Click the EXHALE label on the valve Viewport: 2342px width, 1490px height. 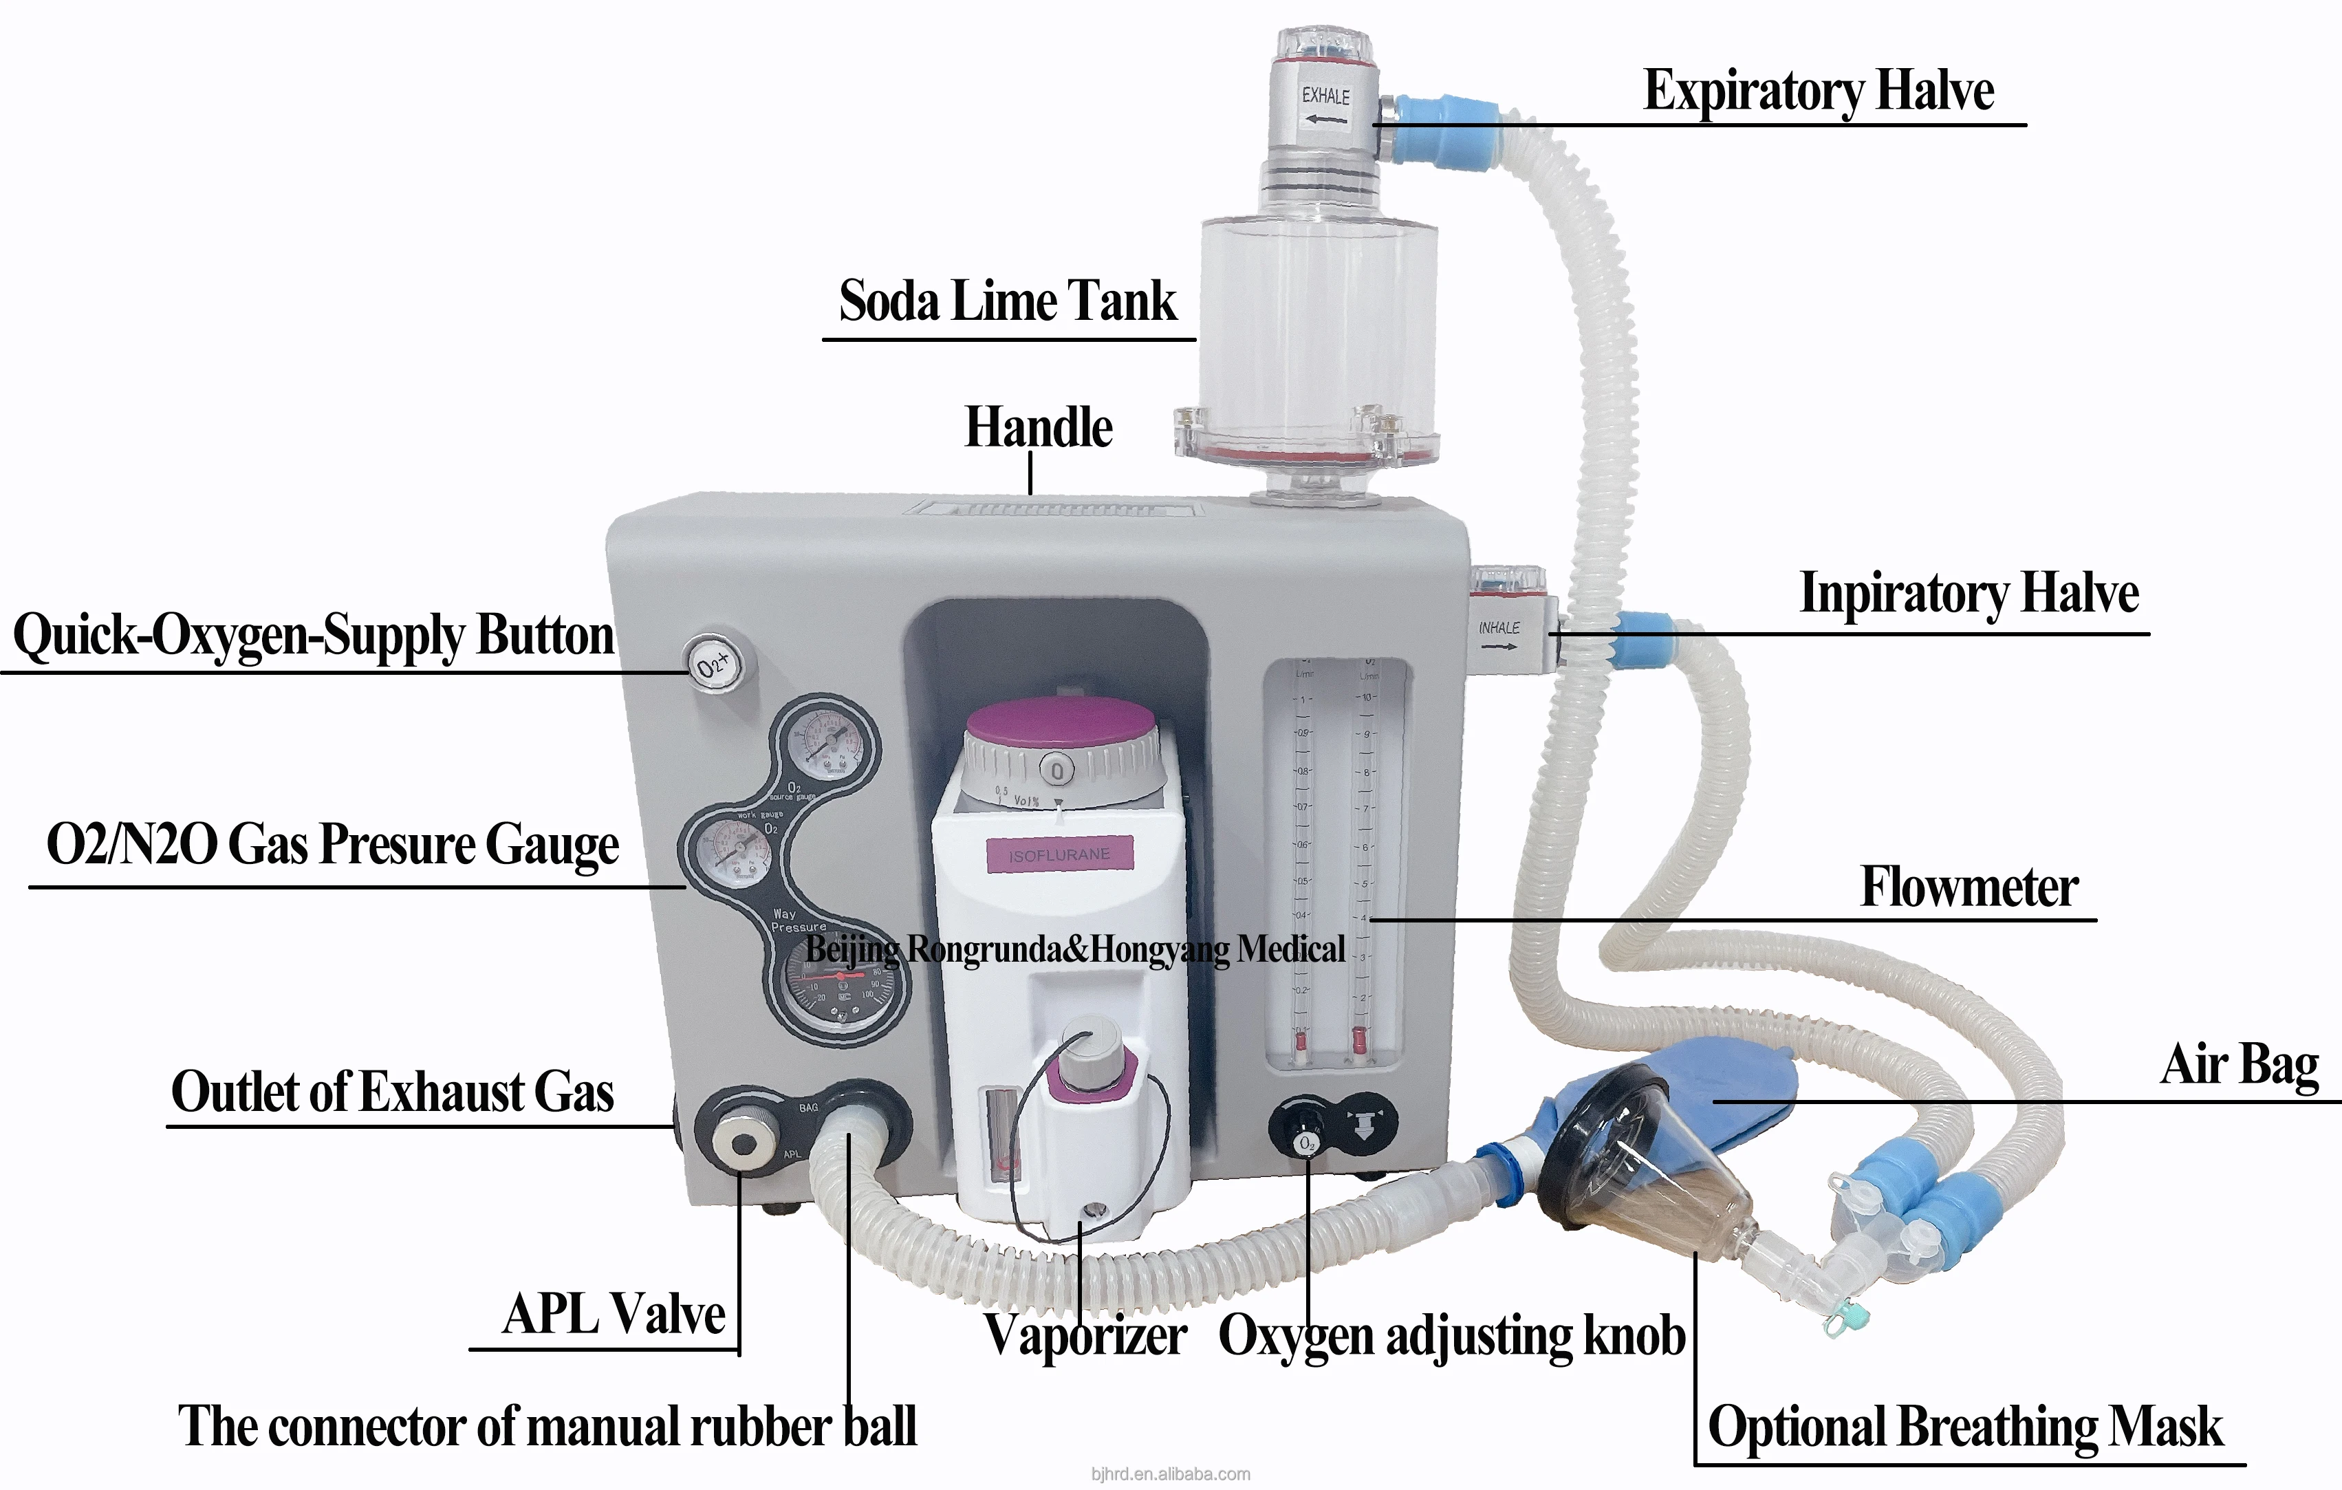1325,96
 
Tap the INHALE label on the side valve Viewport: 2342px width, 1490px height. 1499,628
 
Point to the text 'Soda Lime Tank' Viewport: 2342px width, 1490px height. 1008,301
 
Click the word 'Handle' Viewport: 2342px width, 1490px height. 1039,428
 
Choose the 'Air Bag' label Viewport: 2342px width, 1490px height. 2239,1064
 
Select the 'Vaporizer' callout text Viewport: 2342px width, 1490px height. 1085,1335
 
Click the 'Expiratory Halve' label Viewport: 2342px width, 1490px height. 1819,90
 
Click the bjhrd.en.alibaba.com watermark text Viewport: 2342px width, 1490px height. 1170,1474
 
